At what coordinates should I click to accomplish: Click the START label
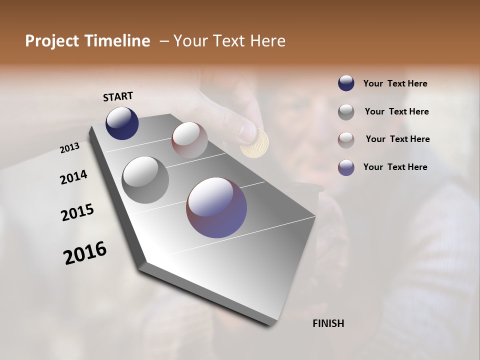pos(118,96)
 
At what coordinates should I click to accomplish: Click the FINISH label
pos(328,323)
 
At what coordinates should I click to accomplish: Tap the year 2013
pos(69,148)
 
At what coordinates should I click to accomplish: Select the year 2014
pos(73,177)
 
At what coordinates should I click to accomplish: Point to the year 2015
pos(77,212)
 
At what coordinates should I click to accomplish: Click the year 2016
pos(85,252)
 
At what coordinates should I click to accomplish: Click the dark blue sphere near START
pos(122,123)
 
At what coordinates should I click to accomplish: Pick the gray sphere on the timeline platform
pos(145,179)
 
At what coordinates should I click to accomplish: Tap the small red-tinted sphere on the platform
pos(189,140)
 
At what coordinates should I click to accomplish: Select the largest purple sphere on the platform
pos(216,207)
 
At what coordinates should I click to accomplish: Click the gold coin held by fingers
pos(254,143)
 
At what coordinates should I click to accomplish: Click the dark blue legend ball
pos(346,83)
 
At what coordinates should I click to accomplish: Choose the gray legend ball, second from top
pos(346,111)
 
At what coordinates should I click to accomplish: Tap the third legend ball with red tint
pos(346,139)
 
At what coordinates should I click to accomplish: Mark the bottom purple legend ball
pos(346,167)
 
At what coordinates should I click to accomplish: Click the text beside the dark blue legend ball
pos(395,84)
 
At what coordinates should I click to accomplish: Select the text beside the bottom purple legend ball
pos(395,167)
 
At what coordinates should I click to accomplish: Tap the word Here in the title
pos(267,41)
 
